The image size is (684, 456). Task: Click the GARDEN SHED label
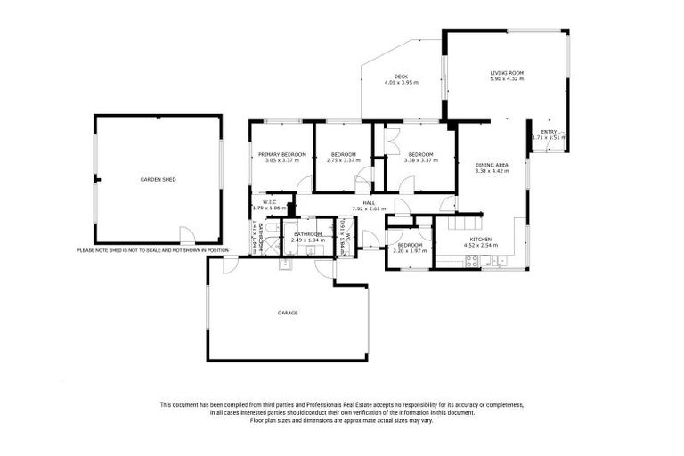click(158, 179)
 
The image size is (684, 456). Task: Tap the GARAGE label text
click(287, 313)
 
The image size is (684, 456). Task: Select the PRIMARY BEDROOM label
click(282, 154)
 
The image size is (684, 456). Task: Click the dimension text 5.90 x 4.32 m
click(507, 79)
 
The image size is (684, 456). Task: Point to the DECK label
click(401, 76)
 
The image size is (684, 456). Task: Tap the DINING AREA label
click(491, 164)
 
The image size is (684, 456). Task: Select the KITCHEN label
click(482, 238)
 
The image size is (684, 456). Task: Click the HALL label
click(369, 202)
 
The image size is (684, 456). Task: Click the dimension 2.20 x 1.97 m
click(410, 251)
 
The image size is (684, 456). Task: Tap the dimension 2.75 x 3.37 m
click(342, 160)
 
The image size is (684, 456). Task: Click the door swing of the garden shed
click(186, 236)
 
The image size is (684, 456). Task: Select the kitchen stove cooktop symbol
click(473, 261)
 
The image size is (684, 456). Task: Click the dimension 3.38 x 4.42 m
click(491, 170)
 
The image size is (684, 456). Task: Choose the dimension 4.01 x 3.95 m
click(401, 82)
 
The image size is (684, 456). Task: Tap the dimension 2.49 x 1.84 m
click(307, 240)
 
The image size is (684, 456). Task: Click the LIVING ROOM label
click(507, 73)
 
